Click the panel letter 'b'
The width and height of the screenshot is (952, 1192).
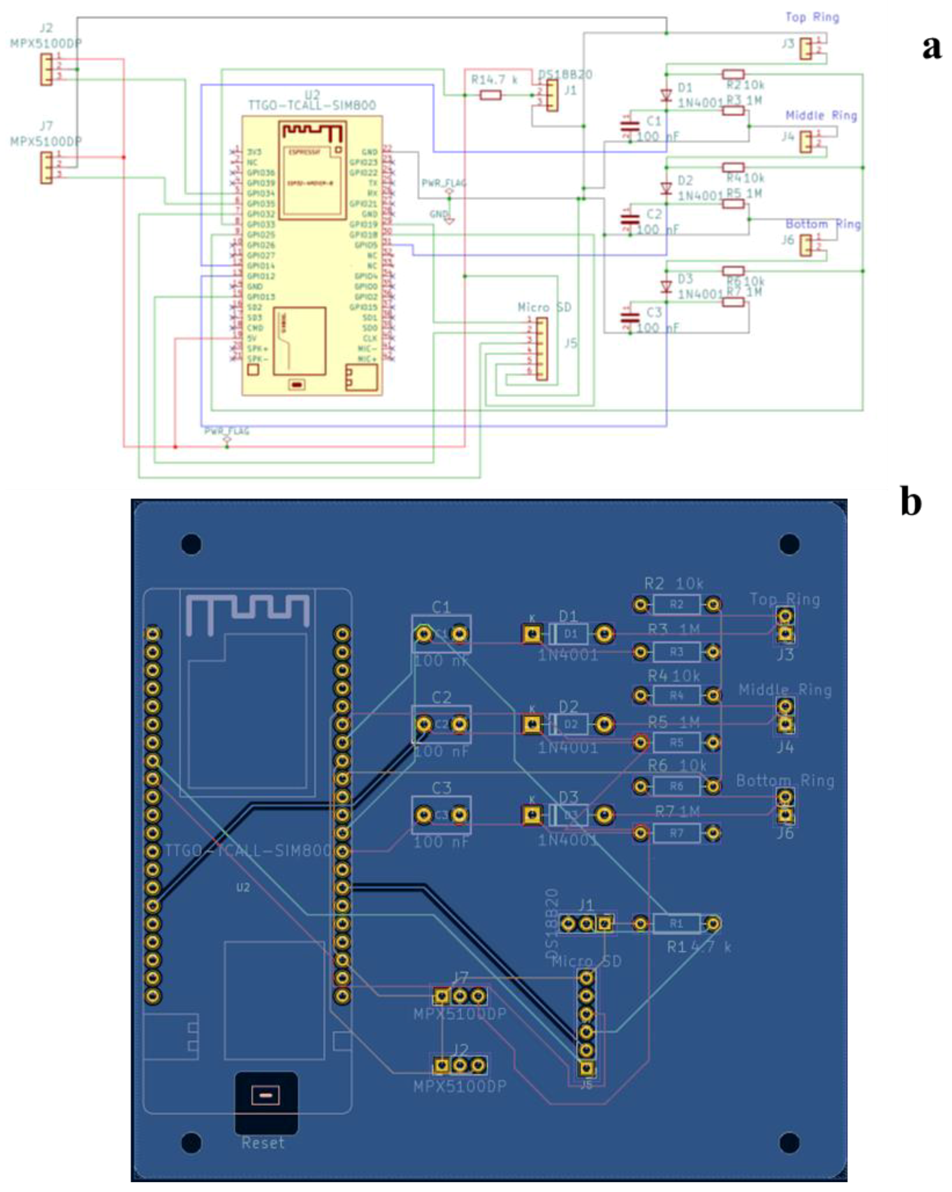click(911, 502)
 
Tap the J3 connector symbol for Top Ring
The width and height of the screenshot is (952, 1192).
click(806, 49)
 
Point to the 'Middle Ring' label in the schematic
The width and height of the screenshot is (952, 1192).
click(820, 116)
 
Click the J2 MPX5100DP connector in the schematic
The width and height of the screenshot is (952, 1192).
click(46, 69)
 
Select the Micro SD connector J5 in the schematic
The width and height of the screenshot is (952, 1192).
click(542, 349)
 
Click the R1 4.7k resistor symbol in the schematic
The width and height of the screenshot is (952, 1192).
click(490, 95)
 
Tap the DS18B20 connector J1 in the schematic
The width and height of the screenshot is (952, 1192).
click(552, 95)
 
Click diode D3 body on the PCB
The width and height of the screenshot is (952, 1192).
click(569, 815)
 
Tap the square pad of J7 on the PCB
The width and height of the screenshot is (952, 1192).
click(441, 996)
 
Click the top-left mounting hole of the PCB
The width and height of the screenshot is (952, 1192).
click(191, 544)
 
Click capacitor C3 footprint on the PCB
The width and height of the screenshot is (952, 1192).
click(441, 815)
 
